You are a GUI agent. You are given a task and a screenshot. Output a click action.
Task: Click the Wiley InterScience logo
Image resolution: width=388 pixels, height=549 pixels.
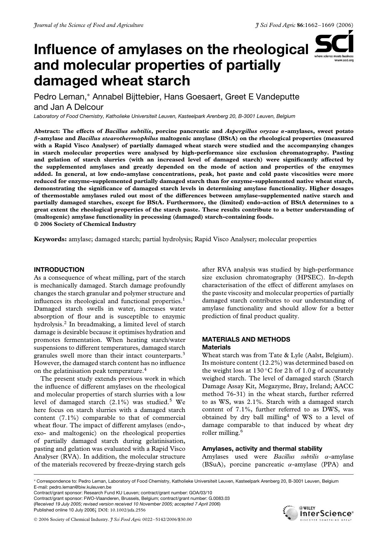pyautogui.click(x=318, y=513)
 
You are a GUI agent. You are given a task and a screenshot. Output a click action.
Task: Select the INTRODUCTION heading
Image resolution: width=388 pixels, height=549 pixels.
pyautogui.click(x=59, y=270)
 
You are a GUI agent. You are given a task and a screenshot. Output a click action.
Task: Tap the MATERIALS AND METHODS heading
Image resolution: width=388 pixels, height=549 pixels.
pyautogui.click(x=246, y=339)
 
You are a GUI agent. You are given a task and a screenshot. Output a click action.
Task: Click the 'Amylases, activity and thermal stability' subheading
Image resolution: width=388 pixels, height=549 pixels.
pyautogui.click(x=262, y=449)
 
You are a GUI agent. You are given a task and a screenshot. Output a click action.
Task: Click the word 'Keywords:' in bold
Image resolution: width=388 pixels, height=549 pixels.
pyautogui.click(x=50, y=239)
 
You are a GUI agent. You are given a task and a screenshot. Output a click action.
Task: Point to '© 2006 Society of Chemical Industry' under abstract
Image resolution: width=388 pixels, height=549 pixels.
pyautogui.click(x=85, y=224)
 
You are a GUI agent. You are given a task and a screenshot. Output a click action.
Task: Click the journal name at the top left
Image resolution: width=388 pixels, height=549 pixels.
pyautogui.click(x=89, y=25)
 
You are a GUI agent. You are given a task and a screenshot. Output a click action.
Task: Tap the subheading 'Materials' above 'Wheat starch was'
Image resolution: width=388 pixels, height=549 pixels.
pyautogui.click(x=216, y=347)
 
